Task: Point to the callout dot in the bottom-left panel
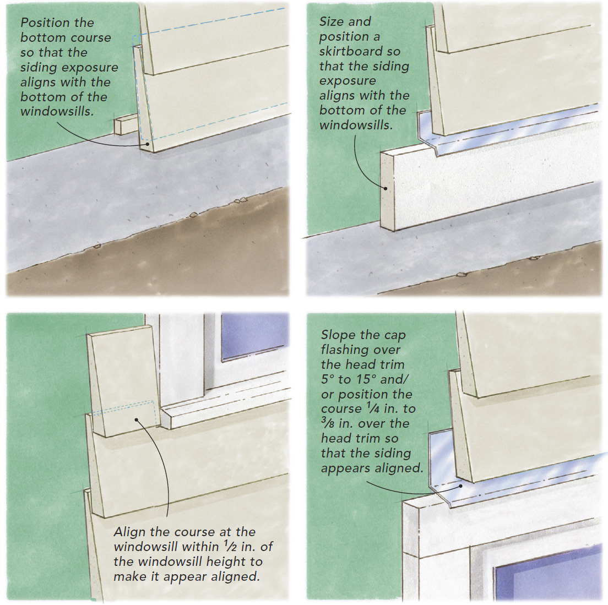point(137,420)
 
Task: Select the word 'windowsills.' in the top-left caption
point(57,112)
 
